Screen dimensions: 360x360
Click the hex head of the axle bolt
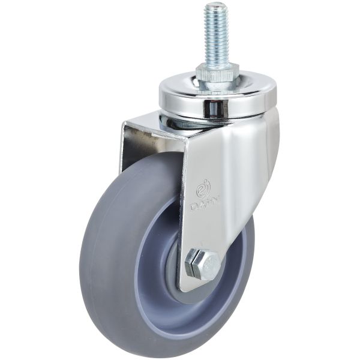click(202, 264)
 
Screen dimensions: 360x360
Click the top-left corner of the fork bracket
click(124, 124)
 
